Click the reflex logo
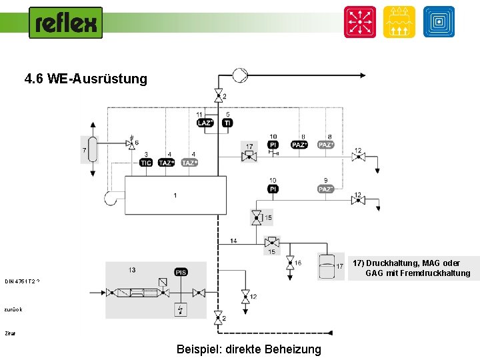pos(65,23)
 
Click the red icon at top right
pos(360,22)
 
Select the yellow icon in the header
pos(399,22)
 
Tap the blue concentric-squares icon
pos(439,22)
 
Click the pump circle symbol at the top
pos(239,75)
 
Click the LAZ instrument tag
pos(205,123)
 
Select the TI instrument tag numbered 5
pos(227,123)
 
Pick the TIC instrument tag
pos(146,163)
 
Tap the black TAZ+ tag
pos(167,163)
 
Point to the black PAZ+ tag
pos(300,145)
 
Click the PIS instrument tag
pos(181,272)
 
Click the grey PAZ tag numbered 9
pos(326,189)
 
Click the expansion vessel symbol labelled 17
pos(326,265)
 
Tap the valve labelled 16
pos(290,263)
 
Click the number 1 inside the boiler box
pos(175,195)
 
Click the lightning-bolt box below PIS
pos(181,310)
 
